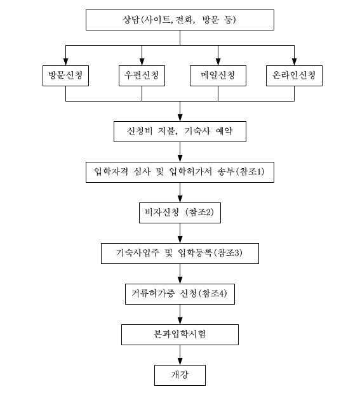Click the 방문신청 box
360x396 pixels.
(x=65, y=76)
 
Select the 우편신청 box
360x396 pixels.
(x=142, y=76)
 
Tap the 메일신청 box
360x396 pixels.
(x=218, y=76)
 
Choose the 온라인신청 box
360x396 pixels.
(x=295, y=76)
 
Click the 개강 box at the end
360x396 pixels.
(x=180, y=375)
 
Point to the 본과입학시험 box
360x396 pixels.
(x=180, y=334)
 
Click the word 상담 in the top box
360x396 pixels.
(x=131, y=20)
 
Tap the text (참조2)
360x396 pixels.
(x=199, y=212)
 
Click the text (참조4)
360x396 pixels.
(x=213, y=293)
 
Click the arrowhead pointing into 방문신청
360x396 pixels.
(x=65, y=62)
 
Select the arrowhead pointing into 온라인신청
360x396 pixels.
(x=295, y=62)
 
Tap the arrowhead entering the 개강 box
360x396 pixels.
(x=180, y=361)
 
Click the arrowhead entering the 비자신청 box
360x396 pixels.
(x=180, y=199)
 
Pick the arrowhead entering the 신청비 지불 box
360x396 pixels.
(x=180, y=117)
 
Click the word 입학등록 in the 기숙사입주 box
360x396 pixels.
(x=195, y=253)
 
